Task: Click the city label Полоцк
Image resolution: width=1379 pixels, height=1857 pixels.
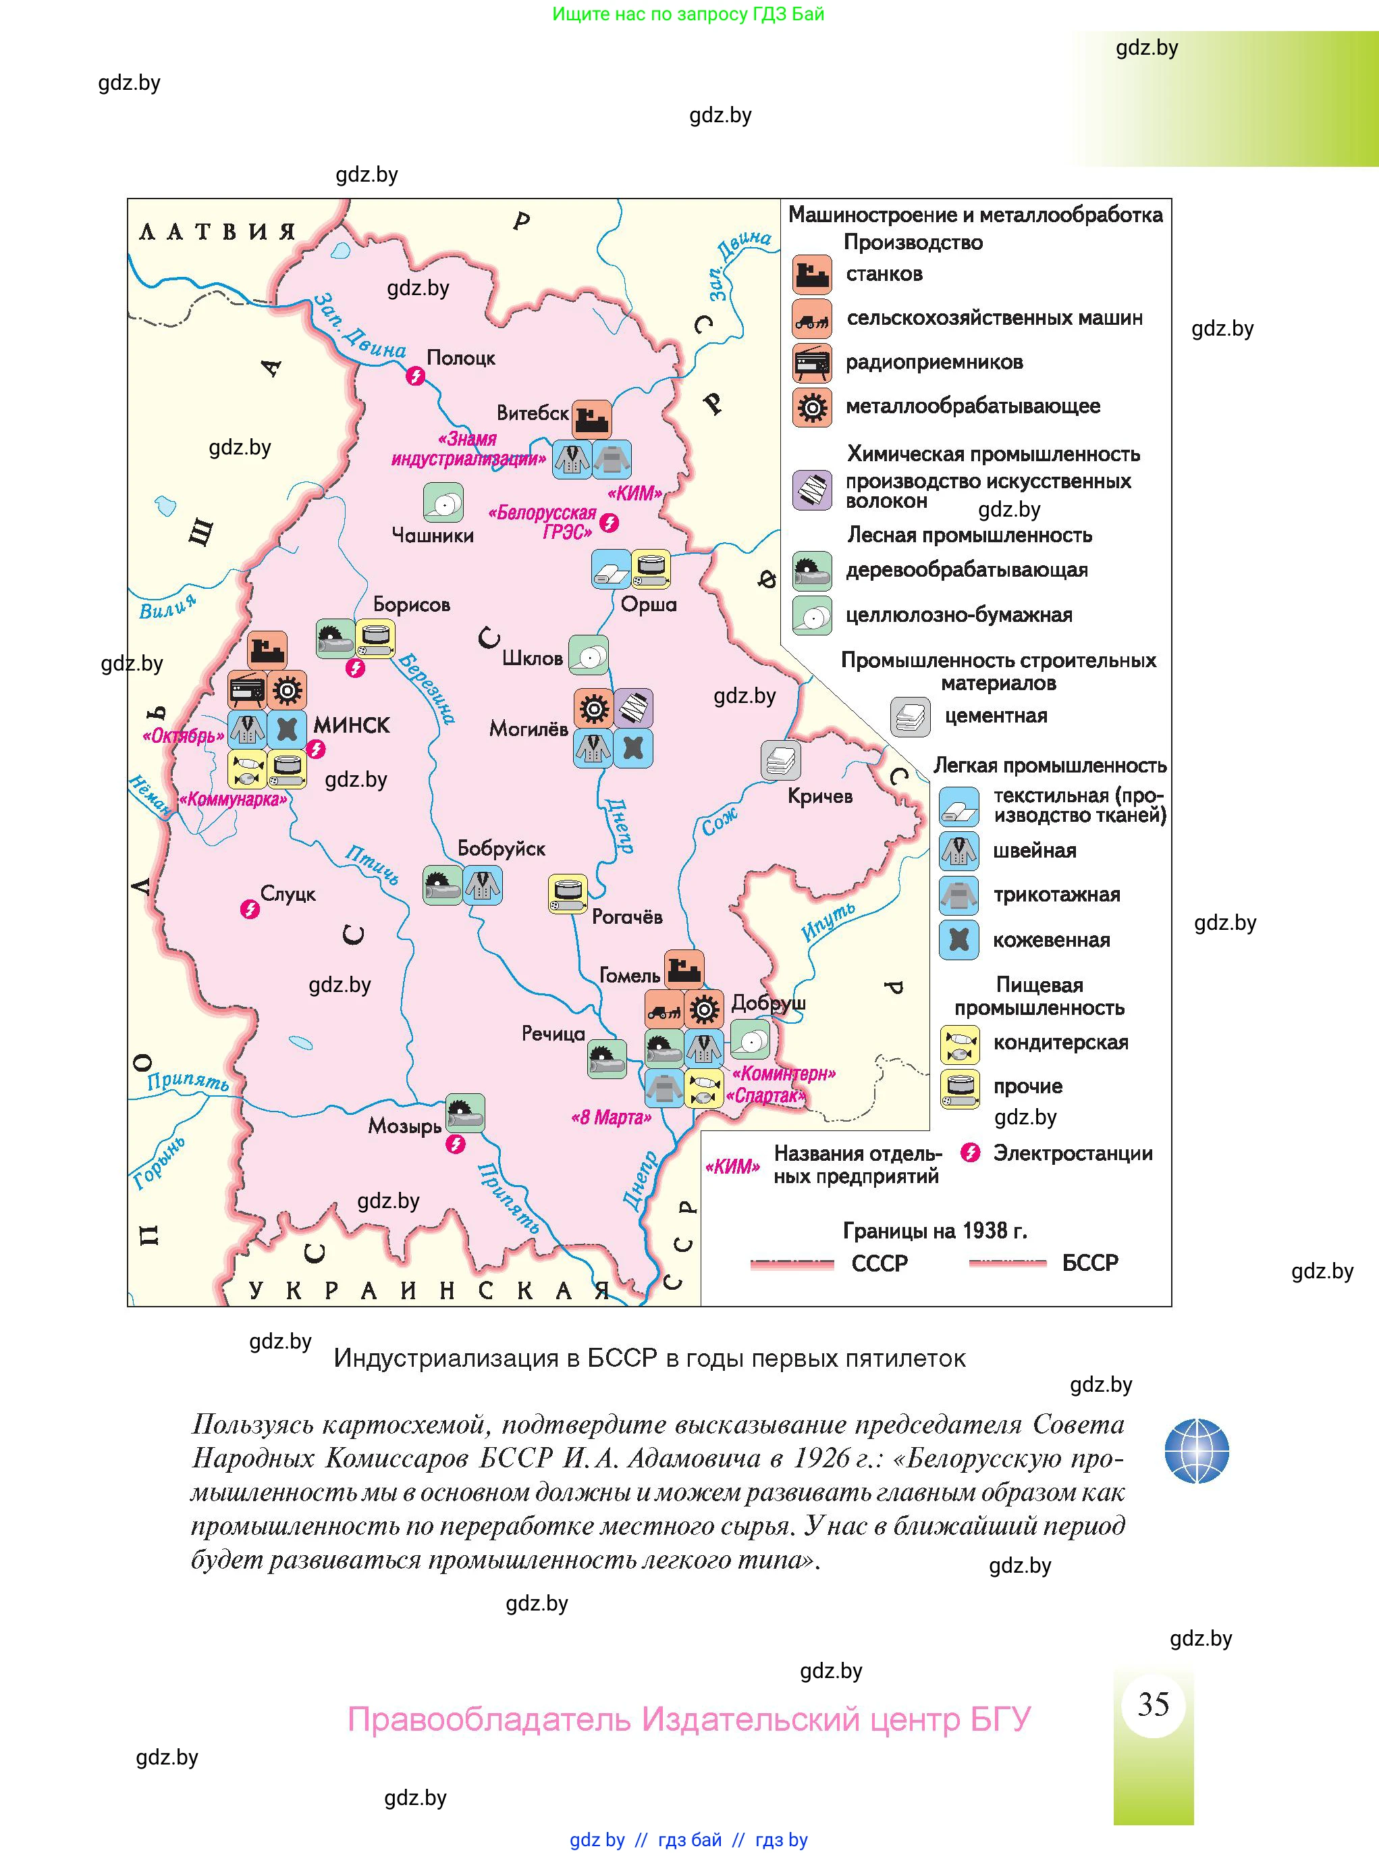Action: click(x=461, y=357)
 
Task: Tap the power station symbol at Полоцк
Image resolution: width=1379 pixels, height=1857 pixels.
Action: click(x=415, y=377)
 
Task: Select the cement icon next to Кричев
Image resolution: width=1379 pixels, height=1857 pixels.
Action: click(x=780, y=760)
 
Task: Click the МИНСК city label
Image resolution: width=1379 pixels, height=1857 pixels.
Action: click(x=352, y=725)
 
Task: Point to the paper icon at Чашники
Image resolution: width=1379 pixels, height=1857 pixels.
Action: click(x=443, y=502)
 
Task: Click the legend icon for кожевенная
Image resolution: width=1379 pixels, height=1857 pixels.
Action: click(x=958, y=939)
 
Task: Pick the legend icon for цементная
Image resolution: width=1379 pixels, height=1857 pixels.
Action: click(x=910, y=716)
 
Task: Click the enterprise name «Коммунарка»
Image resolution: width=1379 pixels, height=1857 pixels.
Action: click(x=233, y=799)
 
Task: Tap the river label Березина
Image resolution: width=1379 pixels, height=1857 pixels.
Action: click(x=427, y=688)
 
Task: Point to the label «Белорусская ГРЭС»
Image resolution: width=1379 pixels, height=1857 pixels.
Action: click(x=543, y=522)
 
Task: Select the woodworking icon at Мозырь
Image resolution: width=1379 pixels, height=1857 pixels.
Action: click(x=465, y=1113)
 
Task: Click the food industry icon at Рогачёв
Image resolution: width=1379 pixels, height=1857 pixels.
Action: click(x=568, y=894)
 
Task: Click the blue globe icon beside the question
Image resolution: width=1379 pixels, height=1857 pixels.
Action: click(x=1196, y=1450)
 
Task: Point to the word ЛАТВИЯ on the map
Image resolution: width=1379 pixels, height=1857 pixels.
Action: click(x=217, y=232)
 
